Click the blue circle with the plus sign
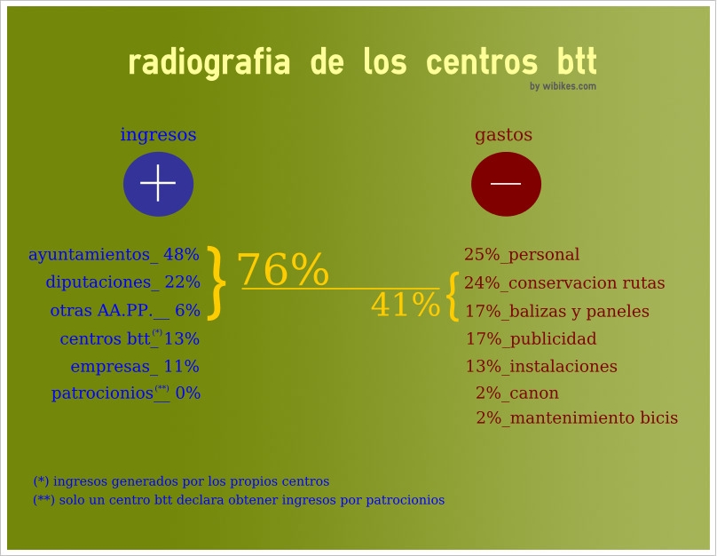[x=158, y=184]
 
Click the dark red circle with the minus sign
[x=506, y=184]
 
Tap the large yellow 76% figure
[x=282, y=269]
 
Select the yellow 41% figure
[x=406, y=305]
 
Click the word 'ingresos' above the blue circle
[x=158, y=136]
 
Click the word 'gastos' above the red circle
[x=503, y=136]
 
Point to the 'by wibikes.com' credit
[x=563, y=86]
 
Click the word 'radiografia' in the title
[x=209, y=62]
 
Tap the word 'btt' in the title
[x=577, y=60]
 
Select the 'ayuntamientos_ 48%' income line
[x=114, y=254]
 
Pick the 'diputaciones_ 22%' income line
[x=122, y=282]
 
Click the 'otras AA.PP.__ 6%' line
[x=125, y=311]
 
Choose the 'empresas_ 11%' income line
[x=135, y=367]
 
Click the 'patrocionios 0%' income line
[x=126, y=393]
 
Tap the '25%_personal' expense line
[x=522, y=254]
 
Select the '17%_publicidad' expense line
[x=531, y=339]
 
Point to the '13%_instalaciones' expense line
[x=541, y=367]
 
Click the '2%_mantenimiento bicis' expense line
[x=577, y=417]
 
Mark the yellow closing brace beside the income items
[x=217, y=282]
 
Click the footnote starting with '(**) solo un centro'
[x=239, y=500]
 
